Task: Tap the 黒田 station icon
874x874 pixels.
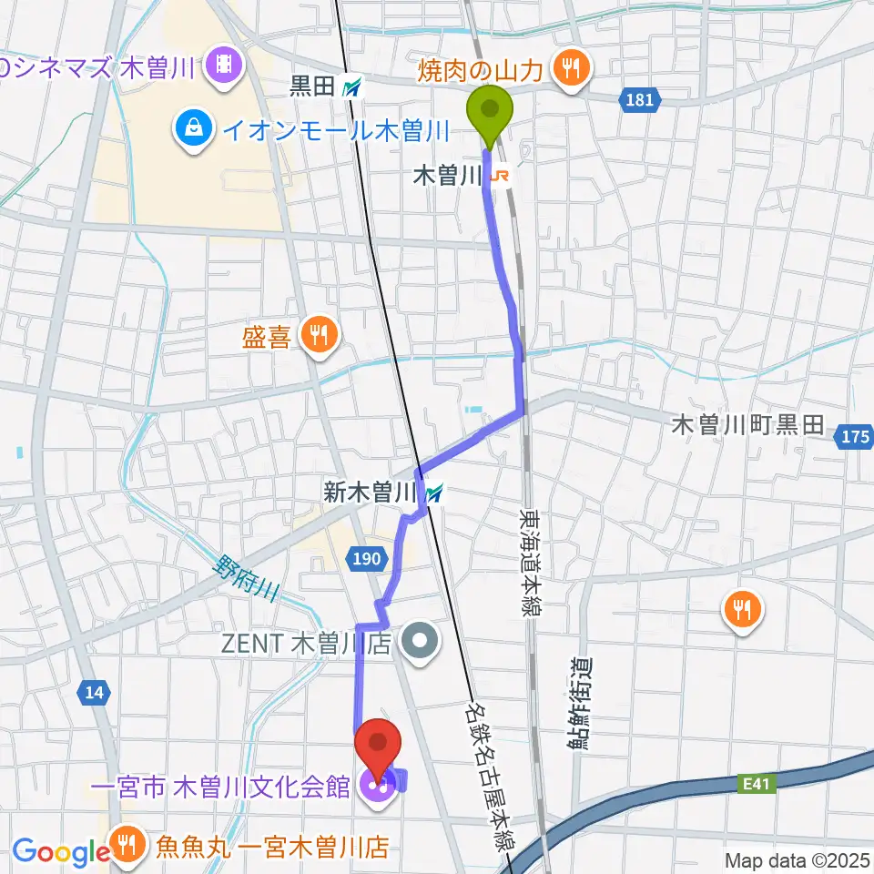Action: coord(352,88)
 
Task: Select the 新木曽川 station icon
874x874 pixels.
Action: coord(434,494)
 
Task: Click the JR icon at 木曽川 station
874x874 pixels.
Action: coord(498,177)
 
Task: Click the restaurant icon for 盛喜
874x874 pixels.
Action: coord(318,338)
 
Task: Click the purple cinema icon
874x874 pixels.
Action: coord(222,65)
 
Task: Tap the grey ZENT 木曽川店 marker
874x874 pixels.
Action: coord(421,644)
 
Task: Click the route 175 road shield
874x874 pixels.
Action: coord(854,438)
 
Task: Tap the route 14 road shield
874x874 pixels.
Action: coord(94,693)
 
